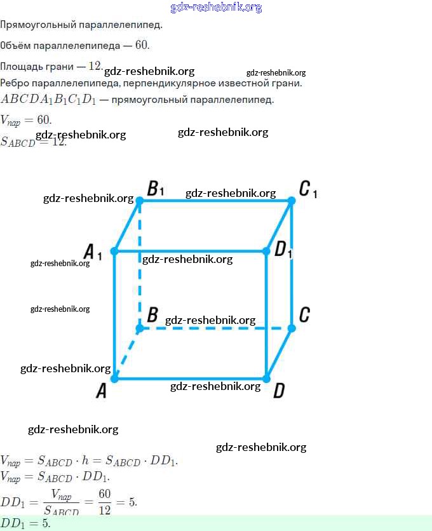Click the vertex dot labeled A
coord(114,379)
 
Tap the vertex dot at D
coord(266,379)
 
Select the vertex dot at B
coord(140,328)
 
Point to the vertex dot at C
coord(292,328)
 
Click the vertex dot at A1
coord(114,252)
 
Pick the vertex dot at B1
coord(140,201)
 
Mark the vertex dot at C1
coord(292,201)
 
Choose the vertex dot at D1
coord(266,252)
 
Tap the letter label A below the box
coord(102,391)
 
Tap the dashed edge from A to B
coord(127,354)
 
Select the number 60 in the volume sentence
coord(142,45)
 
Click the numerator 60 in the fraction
coord(104,494)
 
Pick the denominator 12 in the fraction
coord(104,509)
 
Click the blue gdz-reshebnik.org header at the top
coord(216,8)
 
